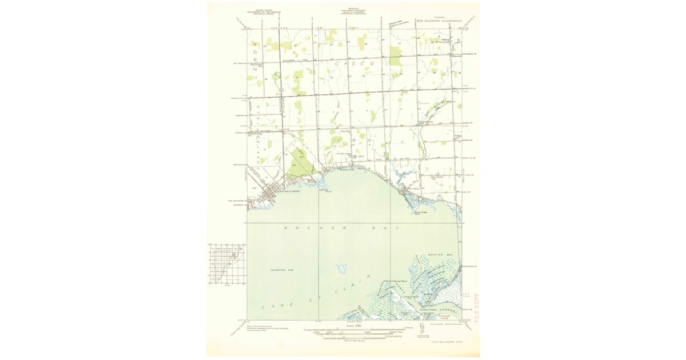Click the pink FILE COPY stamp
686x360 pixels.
[x=477, y=308]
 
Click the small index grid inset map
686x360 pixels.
[x=226, y=263]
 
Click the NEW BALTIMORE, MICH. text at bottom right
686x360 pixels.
[x=446, y=341]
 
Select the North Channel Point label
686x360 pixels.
[x=395, y=281]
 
